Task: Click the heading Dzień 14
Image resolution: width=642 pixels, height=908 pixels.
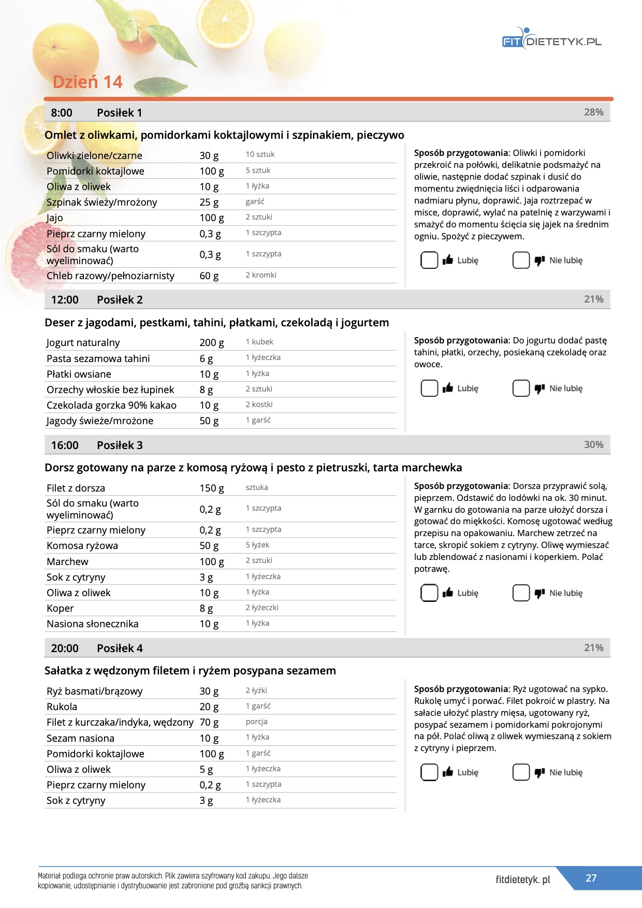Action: (x=87, y=82)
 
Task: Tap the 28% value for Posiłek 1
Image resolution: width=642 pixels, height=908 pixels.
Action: (x=593, y=112)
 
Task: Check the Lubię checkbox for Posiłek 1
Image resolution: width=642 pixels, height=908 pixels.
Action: (x=429, y=260)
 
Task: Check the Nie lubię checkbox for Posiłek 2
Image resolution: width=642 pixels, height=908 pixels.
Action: (x=521, y=388)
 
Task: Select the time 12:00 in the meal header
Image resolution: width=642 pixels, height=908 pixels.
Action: (x=65, y=300)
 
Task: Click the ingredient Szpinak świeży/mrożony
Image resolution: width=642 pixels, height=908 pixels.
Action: (x=101, y=202)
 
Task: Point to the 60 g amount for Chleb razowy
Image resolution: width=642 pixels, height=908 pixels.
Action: (x=209, y=276)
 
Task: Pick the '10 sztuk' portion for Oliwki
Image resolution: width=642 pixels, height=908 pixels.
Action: (x=260, y=154)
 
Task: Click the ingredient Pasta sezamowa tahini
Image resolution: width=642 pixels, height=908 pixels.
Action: (x=98, y=358)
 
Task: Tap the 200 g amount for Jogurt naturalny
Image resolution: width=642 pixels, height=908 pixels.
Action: (x=212, y=342)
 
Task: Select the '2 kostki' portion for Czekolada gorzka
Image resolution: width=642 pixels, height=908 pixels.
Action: (x=259, y=405)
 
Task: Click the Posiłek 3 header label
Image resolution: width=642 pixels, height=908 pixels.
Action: (x=120, y=445)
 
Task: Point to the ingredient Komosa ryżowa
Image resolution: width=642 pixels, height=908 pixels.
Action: (x=82, y=545)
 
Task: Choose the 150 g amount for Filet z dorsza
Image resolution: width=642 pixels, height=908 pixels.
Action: (x=212, y=488)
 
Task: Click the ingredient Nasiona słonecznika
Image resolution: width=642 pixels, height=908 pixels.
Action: (x=93, y=624)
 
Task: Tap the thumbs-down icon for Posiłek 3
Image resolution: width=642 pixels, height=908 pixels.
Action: (x=539, y=593)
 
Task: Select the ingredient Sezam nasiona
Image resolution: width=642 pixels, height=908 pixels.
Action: (x=80, y=738)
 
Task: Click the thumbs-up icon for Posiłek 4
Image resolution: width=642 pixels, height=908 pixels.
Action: (x=448, y=772)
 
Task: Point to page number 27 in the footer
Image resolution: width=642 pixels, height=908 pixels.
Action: (x=591, y=878)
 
